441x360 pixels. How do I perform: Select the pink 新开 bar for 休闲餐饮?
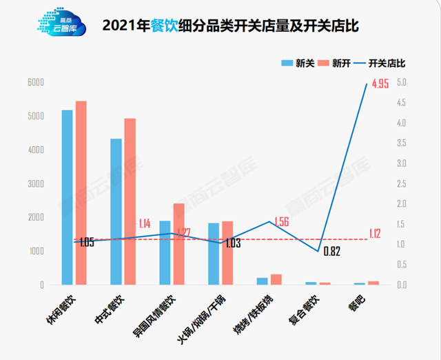coord(81,193)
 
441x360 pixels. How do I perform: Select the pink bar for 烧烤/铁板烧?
coord(276,279)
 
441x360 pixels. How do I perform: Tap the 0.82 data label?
coord(332,252)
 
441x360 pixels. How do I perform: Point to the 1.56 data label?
coord(282,222)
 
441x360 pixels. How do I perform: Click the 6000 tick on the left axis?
coord(35,83)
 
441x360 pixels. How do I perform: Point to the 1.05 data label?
coord(87,243)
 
